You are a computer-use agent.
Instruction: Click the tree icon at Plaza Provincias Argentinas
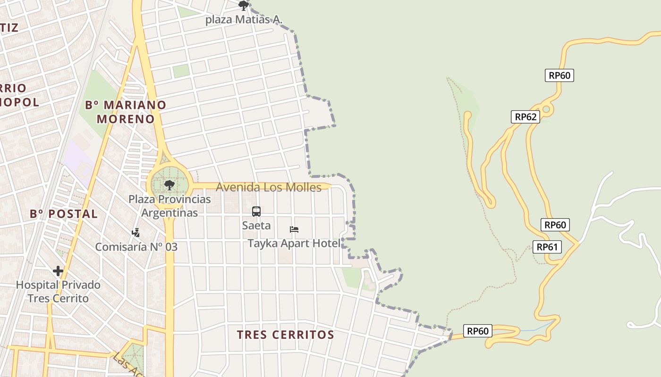(x=169, y=185)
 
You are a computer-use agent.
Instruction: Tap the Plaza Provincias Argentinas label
(x=169, y=206)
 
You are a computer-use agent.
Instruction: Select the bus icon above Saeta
(x=256, y=212)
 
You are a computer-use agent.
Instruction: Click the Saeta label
(x=256, y=225)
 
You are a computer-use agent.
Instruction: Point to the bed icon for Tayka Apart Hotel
(x=294, y=229)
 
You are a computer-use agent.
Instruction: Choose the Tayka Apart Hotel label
(x=294, y=243)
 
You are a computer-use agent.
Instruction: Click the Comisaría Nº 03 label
(x=136, y=246)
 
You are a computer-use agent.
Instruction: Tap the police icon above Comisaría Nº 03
(x=136, y=232)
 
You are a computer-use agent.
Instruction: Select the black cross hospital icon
(x=58, y=271)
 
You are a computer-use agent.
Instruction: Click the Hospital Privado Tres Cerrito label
(x=58, y=291)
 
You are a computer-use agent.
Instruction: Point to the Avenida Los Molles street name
(x=268, y=187)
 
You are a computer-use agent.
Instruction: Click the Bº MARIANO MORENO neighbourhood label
(x=126, y=112)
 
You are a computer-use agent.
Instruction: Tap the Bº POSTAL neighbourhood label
(x=64, y=214)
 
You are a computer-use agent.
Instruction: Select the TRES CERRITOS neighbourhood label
(x=285, y=335)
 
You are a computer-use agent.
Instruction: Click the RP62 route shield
(x=525, y=117)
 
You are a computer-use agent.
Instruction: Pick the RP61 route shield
(x=547, y=246)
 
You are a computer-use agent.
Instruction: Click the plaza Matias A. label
(x=244, y=20)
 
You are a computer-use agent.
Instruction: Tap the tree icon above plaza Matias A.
(x=244, y=6)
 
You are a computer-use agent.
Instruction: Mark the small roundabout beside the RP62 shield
(x=546, y=109)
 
